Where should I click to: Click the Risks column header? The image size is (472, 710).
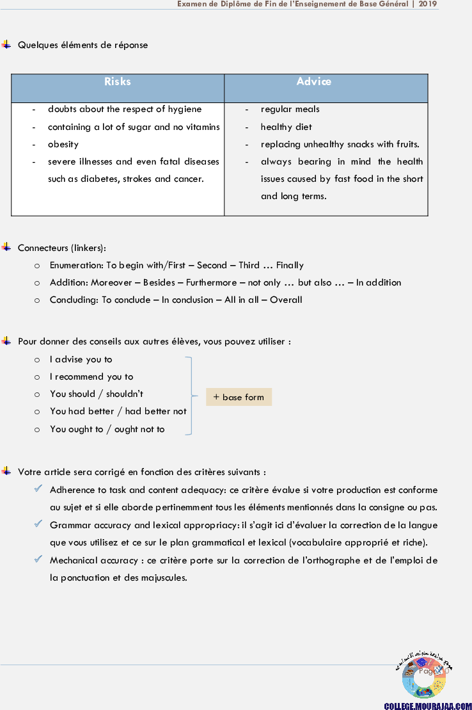coord(118,82)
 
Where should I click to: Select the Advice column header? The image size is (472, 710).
coord(313,81)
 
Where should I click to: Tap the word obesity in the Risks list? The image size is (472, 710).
coord(63,144)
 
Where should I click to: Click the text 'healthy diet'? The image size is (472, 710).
coord(286,127)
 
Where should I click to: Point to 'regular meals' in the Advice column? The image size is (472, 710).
coord(290,109)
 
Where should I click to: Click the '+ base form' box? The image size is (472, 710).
coord(239,397)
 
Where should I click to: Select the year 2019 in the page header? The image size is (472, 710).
coord(428,4)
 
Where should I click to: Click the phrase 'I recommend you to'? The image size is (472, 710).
coord(91,376)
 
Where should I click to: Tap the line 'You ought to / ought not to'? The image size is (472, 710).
coord(107,429)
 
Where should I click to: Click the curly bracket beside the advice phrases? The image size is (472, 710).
coord(190,396)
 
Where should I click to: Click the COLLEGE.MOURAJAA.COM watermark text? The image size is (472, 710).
coord(427,705)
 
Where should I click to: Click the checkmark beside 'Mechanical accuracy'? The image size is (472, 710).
coord(38,559)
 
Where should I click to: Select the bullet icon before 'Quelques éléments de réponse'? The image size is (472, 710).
coord(6,45)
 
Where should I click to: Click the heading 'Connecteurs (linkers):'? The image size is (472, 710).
coord(62,248)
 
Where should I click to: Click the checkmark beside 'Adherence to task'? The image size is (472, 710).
coord(38,489)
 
